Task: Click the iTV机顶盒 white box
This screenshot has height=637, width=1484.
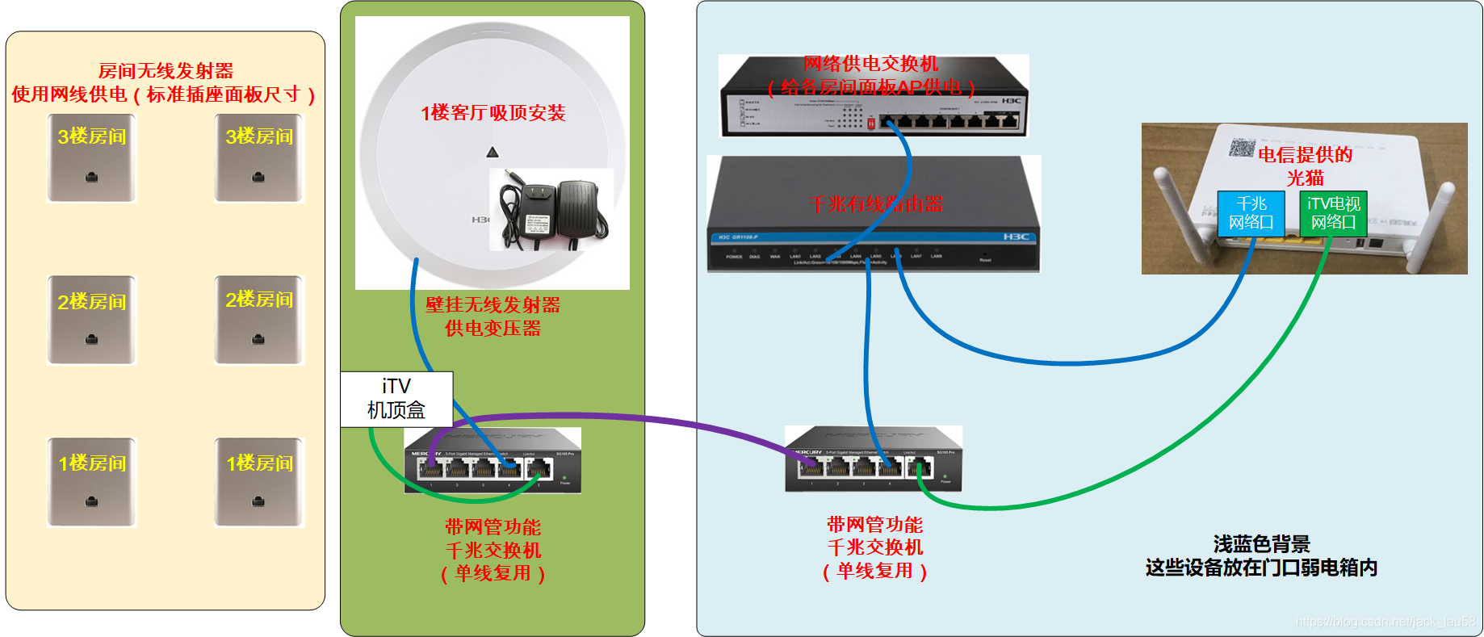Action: coord(396,398)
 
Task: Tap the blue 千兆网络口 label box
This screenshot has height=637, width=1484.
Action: coord(1251,213)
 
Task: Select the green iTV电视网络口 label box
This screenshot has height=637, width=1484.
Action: coord(1333,213)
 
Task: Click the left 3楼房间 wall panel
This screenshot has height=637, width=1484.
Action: coord(92,158)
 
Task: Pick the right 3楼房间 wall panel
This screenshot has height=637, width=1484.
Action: coord(259,158)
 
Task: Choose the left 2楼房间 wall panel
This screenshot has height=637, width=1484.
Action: coord(92,321)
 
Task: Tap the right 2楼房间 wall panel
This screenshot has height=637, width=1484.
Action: coord(259,321)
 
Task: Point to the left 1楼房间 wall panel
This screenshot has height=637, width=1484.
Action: coord(92,483)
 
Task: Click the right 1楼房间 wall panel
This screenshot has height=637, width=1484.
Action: coord(259,483)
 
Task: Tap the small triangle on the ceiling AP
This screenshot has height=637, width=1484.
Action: coord(493,152)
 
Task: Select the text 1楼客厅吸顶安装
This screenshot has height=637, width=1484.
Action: coord(493,113)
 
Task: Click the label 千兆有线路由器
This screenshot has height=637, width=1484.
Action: coord(877,204)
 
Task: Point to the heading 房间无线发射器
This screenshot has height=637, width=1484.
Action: coord(166,71)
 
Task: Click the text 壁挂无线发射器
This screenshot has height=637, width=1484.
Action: coord(493,305)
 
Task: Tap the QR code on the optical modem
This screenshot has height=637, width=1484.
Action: coord(1242,147)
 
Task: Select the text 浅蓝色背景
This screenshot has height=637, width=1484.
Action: coord(1261,544)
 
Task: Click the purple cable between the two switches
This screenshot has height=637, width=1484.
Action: coord(646,419)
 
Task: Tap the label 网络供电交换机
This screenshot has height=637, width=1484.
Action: coord(870,64)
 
